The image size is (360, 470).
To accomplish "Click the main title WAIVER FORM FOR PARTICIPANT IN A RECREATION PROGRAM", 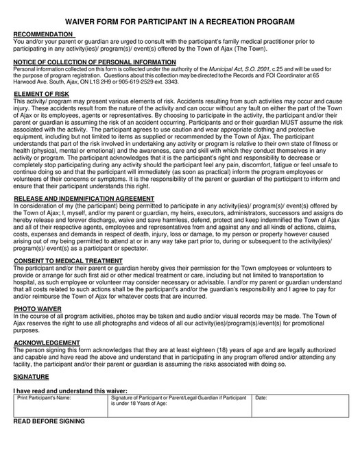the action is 180,23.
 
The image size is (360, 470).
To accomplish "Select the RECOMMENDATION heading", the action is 43,34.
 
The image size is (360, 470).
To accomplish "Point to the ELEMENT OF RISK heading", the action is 41,92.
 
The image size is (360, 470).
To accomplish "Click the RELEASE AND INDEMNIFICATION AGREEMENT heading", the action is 84,199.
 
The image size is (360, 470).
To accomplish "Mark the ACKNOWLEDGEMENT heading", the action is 47,342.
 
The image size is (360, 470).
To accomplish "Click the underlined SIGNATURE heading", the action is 31,376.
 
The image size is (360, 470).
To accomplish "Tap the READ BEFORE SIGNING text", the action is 49,421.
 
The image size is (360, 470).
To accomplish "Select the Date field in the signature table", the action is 298,406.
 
